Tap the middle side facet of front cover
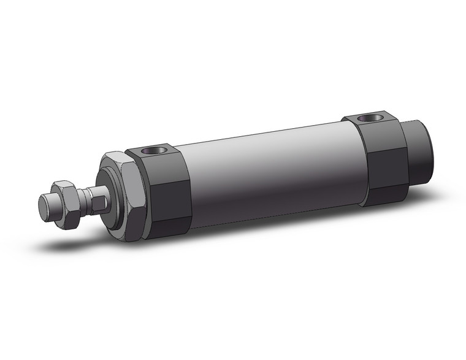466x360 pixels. tap(169, 196)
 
